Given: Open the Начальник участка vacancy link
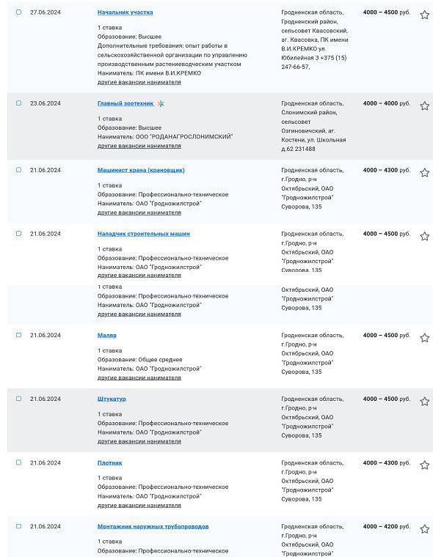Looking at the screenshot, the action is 125,12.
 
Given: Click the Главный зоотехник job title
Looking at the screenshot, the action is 125,103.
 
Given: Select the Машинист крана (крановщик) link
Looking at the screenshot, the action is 141,170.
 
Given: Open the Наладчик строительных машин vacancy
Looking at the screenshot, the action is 143,234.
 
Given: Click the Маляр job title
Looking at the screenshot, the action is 107,335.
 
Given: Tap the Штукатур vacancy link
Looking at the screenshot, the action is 112,399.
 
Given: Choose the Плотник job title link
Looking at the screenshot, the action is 110,462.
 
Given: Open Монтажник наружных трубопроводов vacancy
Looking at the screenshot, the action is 153,526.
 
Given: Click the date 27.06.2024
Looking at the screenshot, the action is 46,12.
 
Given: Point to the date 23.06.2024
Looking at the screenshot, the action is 46,103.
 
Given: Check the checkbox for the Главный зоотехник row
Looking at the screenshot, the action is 19,103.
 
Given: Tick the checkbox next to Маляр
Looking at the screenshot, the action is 19,335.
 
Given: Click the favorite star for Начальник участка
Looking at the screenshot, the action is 424,15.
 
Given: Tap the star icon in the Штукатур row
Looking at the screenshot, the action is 424,402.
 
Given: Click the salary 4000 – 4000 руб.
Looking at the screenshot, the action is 386,103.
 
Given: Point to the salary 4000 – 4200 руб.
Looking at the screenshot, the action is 386,526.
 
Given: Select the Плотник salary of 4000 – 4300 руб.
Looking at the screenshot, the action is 386,462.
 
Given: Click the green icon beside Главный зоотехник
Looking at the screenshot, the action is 161,103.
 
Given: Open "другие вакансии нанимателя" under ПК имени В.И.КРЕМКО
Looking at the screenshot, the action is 139,82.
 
